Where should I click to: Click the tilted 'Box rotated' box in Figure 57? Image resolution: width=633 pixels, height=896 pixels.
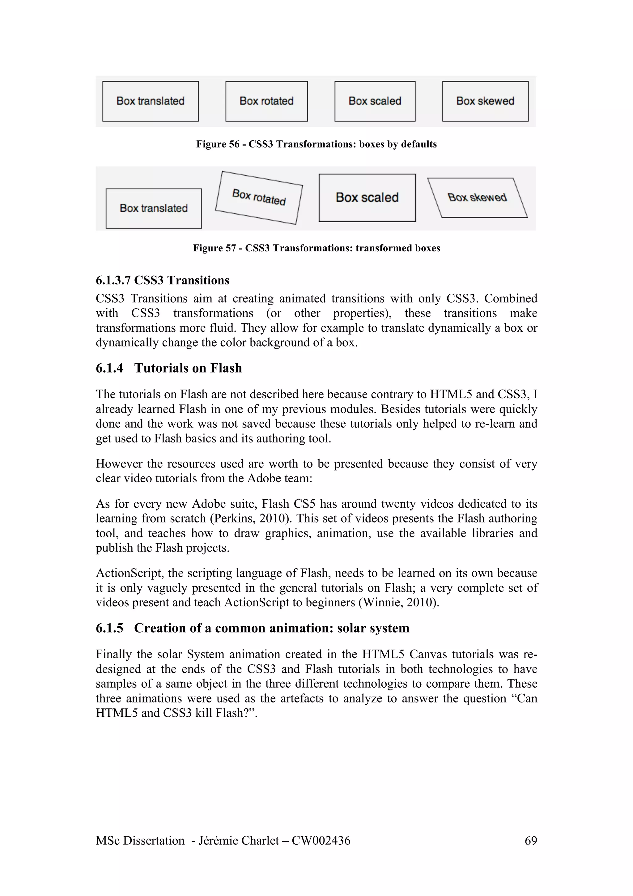[259, 198]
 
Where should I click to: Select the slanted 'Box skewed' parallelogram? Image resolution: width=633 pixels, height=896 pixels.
[478, 198]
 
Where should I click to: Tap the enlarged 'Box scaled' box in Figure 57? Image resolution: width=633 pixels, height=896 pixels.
[367, 198]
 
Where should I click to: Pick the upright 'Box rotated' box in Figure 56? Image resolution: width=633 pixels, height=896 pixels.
[266, 101]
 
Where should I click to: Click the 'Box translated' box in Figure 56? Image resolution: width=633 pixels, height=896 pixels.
[151, 101]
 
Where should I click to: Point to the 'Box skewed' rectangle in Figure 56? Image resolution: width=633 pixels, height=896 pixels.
[485, 101]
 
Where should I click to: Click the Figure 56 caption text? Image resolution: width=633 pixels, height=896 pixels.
[316, 144]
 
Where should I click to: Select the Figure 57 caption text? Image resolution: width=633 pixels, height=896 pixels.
[316, 248]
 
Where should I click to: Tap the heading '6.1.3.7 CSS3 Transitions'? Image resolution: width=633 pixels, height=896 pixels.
[162, 280]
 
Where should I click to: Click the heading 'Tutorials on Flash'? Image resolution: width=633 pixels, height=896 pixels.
[188, 368]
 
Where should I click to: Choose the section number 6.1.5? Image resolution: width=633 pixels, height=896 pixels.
[109, 628]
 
